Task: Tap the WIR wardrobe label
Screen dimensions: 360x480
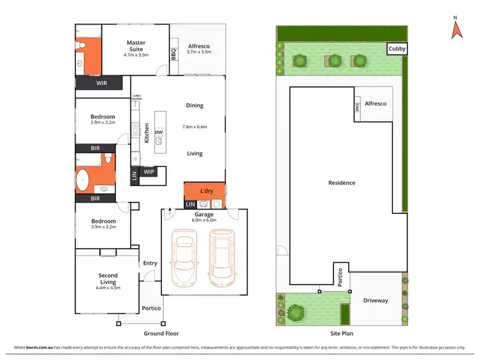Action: [x=102, y=83]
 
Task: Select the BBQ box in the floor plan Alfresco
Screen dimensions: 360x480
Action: [x=173, y=55]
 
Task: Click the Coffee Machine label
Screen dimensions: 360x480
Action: [x=136, y=98]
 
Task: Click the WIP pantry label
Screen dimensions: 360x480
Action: [x=149, y=172]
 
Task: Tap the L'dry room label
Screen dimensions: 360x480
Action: [x=206, y=192]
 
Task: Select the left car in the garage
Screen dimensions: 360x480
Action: [x=184, y=261]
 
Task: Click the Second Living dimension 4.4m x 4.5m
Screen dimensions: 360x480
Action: [x=108, y=288]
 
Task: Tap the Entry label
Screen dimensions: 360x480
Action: [x=150, y=263]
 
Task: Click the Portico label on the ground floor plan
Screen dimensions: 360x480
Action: [x=151, y=308]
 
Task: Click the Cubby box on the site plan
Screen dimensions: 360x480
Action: [x=397, y=49]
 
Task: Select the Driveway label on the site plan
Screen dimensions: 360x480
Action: [x=376, y=300]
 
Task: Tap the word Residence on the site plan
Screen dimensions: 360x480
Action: [x=342, y=183]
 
